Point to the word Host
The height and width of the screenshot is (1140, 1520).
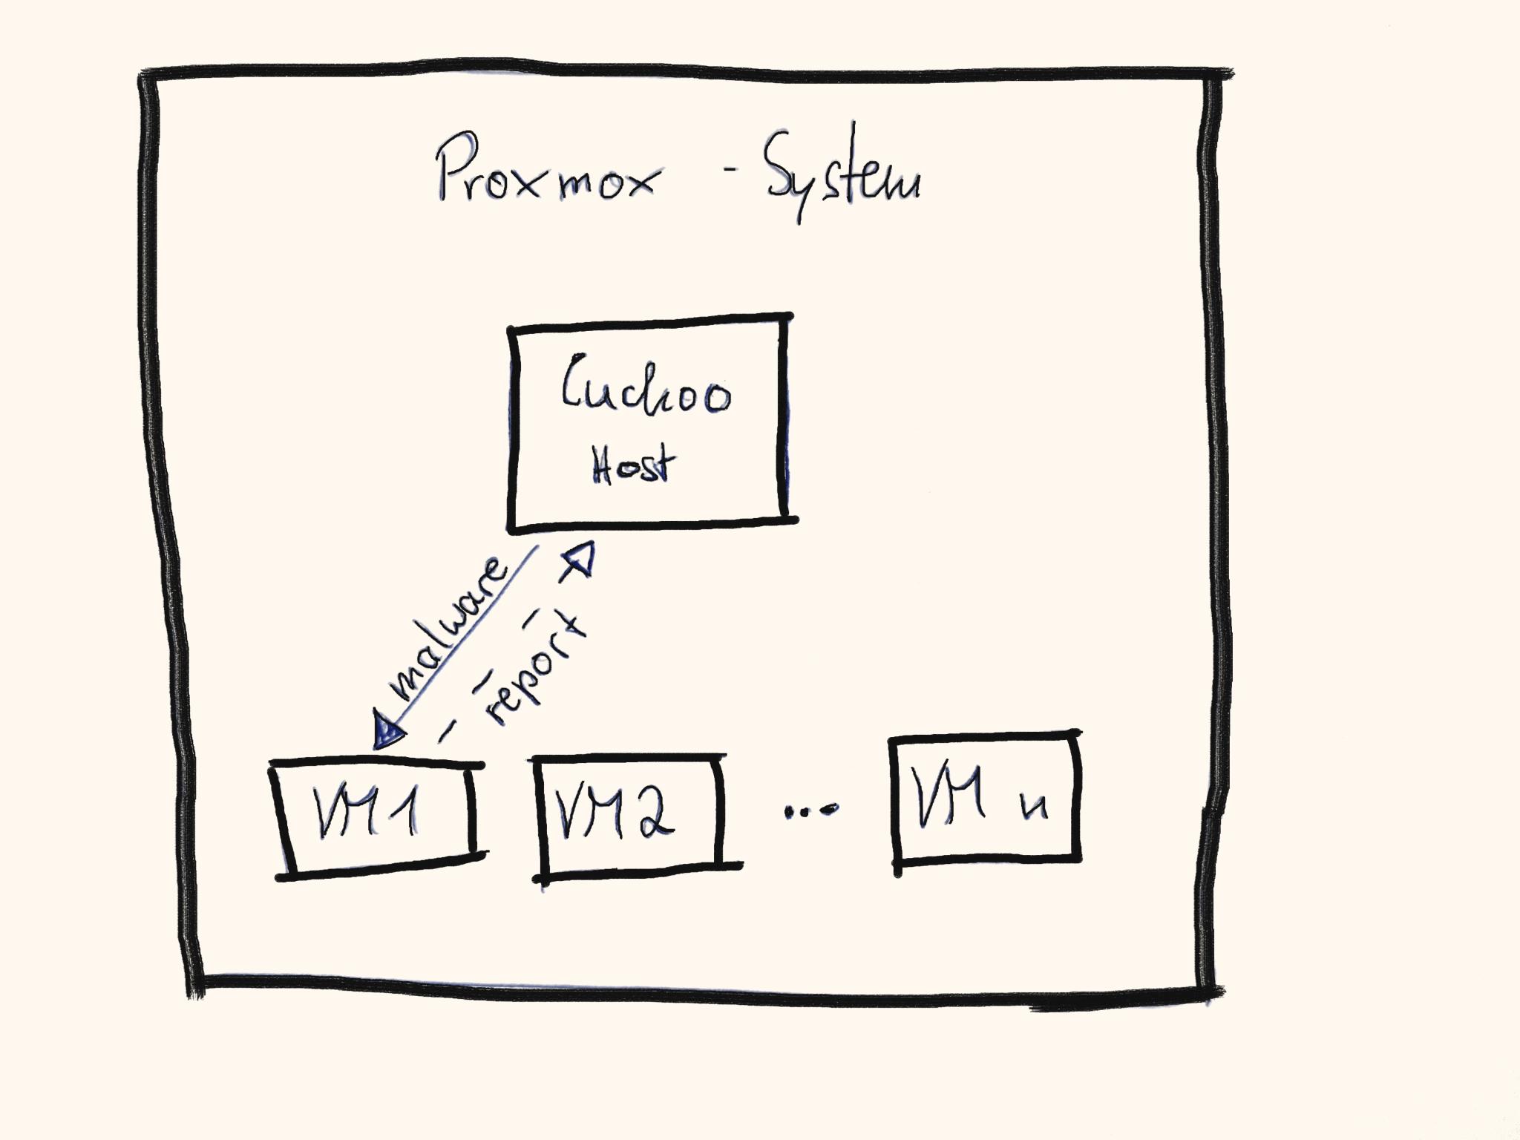tap(633, 465)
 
